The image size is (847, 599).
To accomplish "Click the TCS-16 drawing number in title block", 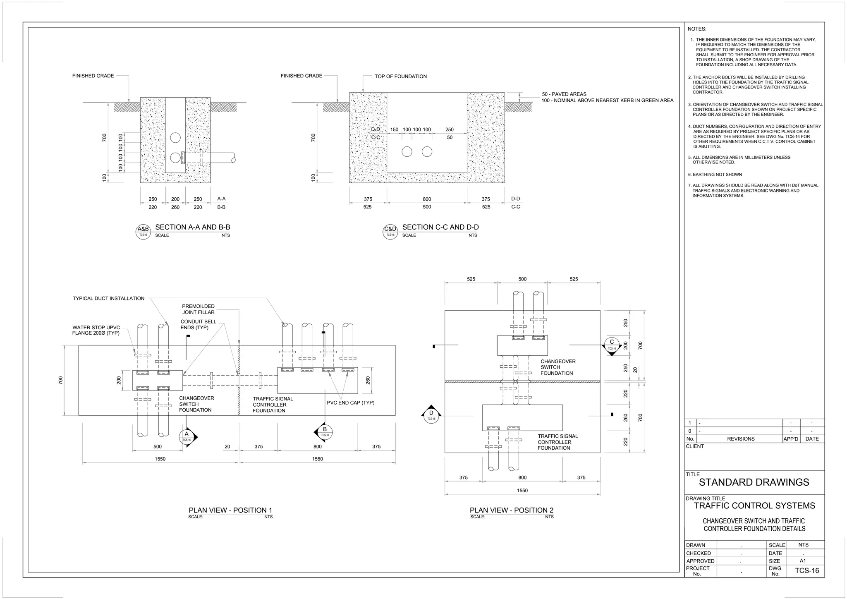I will pos(806,571).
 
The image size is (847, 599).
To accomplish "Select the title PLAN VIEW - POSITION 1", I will pos(230,510).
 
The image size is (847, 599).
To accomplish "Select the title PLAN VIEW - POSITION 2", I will pos(511,510).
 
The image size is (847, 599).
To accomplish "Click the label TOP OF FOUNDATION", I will pos(400,77).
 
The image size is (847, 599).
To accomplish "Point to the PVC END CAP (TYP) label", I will pos(350,403).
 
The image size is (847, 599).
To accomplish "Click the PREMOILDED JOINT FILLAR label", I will pos(198,309).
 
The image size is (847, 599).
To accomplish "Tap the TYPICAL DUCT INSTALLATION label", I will pos(108,298).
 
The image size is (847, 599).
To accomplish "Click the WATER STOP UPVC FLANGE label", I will pos(96,330).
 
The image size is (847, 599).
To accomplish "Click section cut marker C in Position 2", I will pos(612,344).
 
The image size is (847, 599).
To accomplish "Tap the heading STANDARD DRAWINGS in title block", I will pos(754,482).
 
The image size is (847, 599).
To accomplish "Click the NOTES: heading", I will pos(697,29).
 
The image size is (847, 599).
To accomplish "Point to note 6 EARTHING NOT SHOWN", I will pos(717,175).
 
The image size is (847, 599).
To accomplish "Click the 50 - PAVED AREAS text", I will pos(564,94).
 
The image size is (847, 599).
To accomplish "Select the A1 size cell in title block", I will pos(802,561).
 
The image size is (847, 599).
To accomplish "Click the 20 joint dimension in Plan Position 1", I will pos(227,447).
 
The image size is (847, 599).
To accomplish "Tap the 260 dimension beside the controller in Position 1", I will pos(368,380).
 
